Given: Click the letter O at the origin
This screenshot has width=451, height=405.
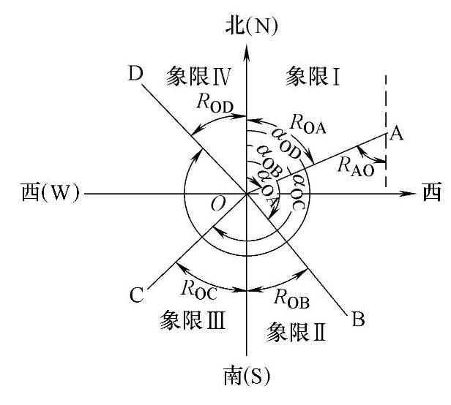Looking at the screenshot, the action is click(x=217, y=202).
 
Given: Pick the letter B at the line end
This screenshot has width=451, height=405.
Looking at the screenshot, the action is click(x=358, y=319).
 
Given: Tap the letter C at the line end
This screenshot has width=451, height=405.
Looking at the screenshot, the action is click(x=136, y=295).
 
